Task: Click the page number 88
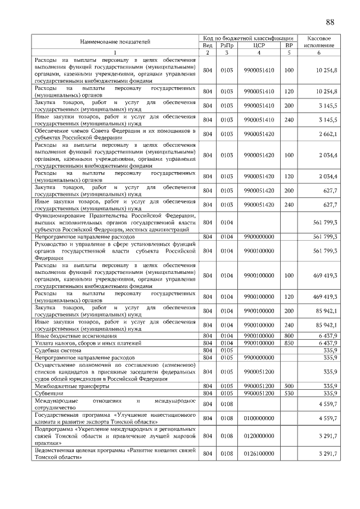tap(330, 22)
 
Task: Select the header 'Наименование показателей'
tap(115, 42)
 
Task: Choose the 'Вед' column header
tap(208, 45)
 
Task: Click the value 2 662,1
tap(327, 134)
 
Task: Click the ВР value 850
tap(289, 343)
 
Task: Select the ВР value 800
tap(289, 335)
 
